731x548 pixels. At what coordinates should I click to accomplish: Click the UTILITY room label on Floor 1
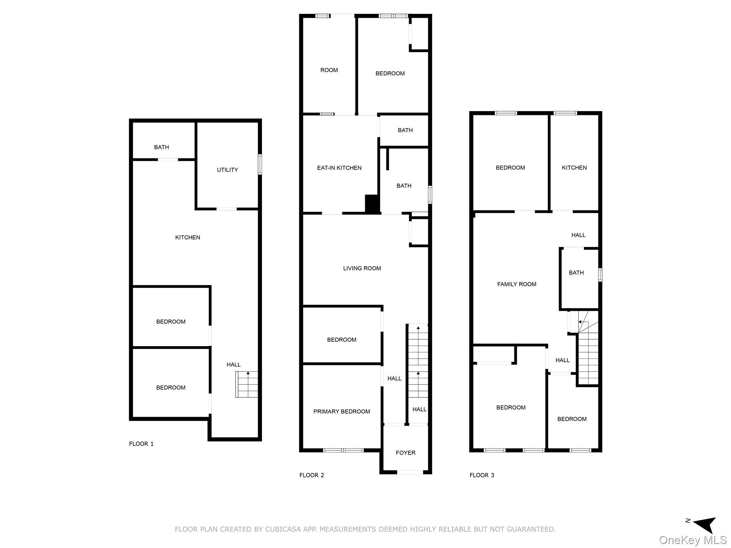click(227, 170)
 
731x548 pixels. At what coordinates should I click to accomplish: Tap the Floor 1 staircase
click(247, 384)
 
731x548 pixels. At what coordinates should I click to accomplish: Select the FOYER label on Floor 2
click(405, 453)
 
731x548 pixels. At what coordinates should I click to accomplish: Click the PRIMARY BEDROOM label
click(342, 411)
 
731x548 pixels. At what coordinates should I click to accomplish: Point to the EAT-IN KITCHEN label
click(339, 168)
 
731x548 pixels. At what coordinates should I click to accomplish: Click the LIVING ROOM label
click(362, 268)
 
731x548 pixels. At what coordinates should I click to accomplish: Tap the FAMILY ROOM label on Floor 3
click(516, 284)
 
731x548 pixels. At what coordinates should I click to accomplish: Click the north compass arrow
click(705, 534)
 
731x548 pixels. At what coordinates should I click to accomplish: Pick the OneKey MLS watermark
click(692, 540)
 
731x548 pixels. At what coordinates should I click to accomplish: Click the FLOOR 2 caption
click(312, 475)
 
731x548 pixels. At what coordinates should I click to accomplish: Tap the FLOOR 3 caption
click(482, 475)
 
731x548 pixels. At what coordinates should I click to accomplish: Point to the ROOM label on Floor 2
click(329, 70)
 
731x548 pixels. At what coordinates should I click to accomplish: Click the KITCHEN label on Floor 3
click(574, 168)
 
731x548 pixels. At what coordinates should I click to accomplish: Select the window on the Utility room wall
click(260, 164)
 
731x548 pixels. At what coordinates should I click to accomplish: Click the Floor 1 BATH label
click(161, 147)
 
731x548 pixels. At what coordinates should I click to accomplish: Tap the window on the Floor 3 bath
click(600, 275)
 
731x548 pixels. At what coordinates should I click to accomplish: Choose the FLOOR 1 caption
click(141, 444)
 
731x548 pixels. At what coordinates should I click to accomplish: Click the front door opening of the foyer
click(410, 472)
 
